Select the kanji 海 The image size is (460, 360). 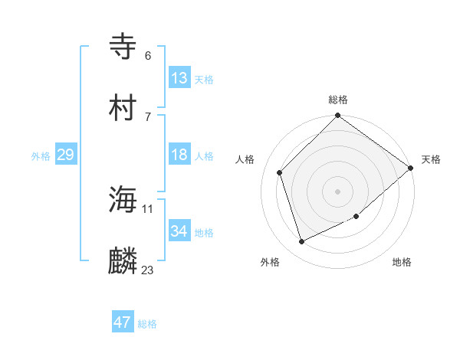123,201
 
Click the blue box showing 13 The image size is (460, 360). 179,78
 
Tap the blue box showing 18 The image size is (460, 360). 179,155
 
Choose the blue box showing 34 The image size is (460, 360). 179,231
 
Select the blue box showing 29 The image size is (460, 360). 65,155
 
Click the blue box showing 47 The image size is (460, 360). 123,322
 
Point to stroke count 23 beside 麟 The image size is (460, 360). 148,270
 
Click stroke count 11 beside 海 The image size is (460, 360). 148,208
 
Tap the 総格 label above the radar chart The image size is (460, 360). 338,100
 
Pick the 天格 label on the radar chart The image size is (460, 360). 431,159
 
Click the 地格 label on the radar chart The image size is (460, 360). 402,262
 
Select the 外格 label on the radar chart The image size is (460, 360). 270,262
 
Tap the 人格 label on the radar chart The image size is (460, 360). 245,159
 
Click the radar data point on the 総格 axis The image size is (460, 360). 338,116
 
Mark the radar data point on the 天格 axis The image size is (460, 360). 411,168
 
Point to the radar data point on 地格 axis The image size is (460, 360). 356,217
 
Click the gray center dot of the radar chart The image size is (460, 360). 338,191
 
